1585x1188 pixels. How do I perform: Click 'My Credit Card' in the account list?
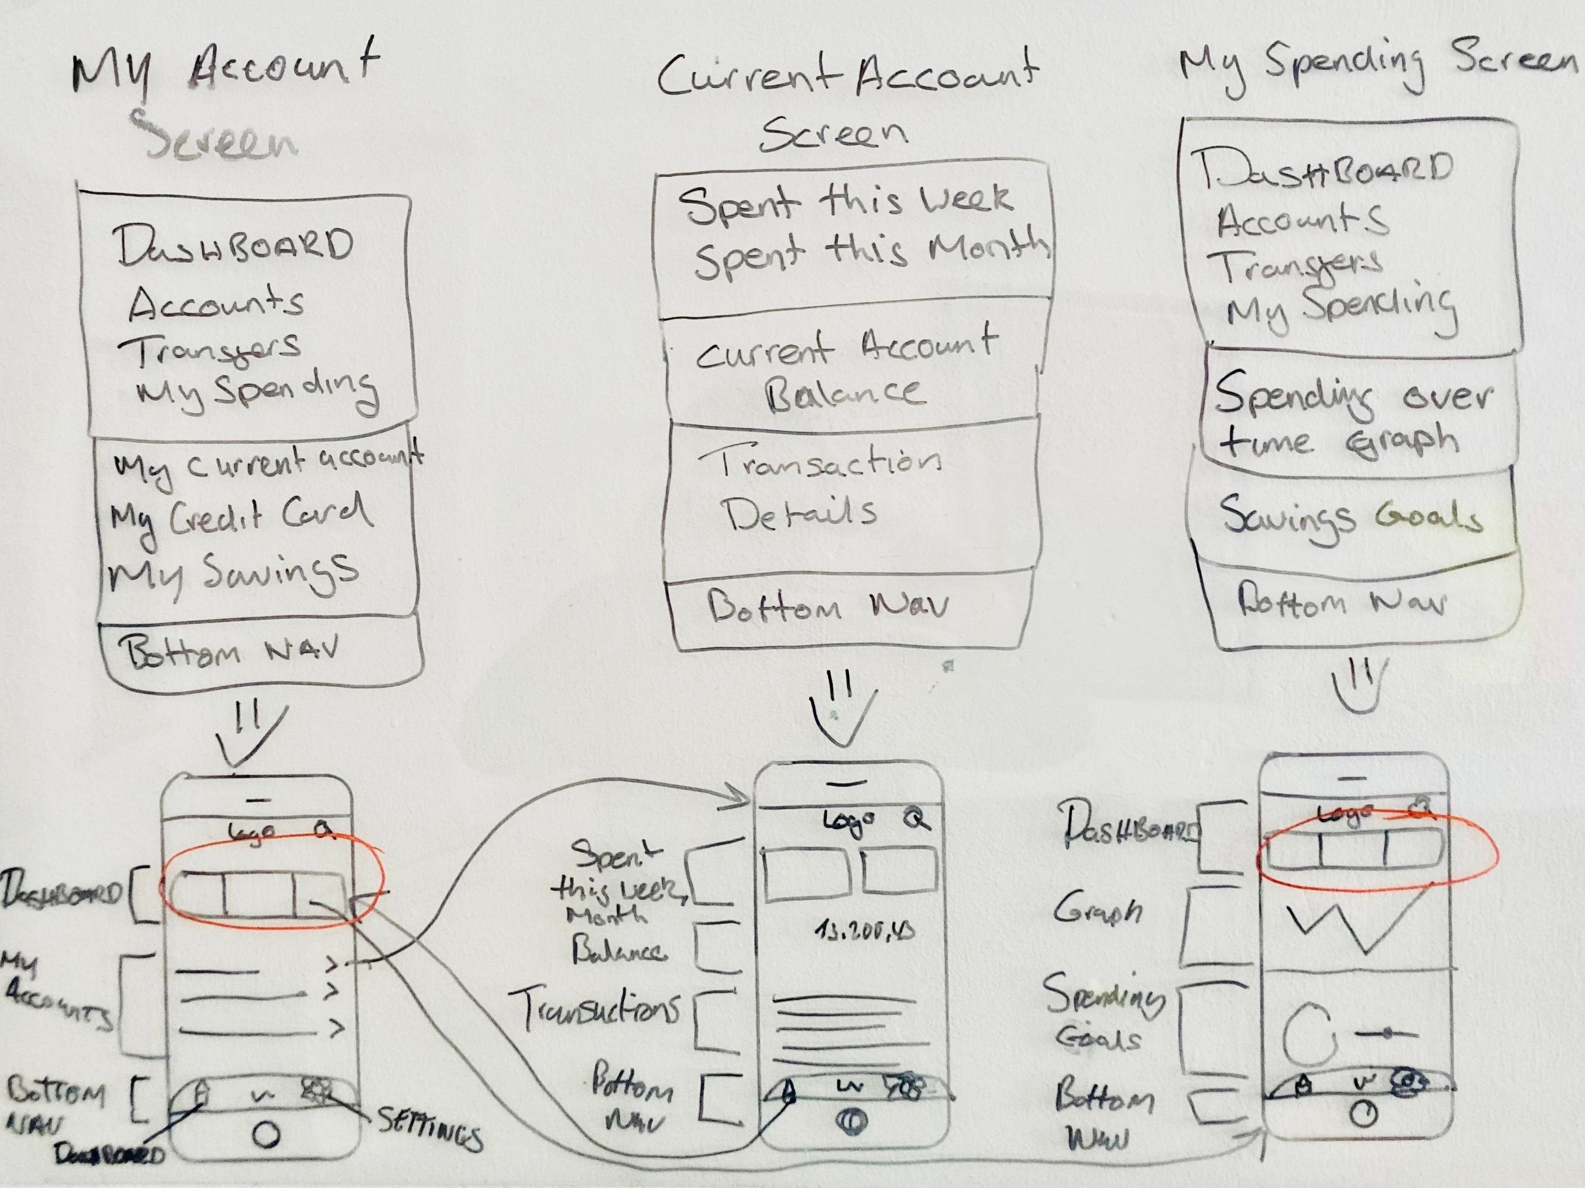[240, 516]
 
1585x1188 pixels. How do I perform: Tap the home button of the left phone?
[267, 1134]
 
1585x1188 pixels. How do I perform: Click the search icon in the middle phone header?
[915, 817]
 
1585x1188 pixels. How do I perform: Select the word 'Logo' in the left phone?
[251, 833]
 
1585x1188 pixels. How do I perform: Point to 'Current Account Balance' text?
[846, 369]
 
